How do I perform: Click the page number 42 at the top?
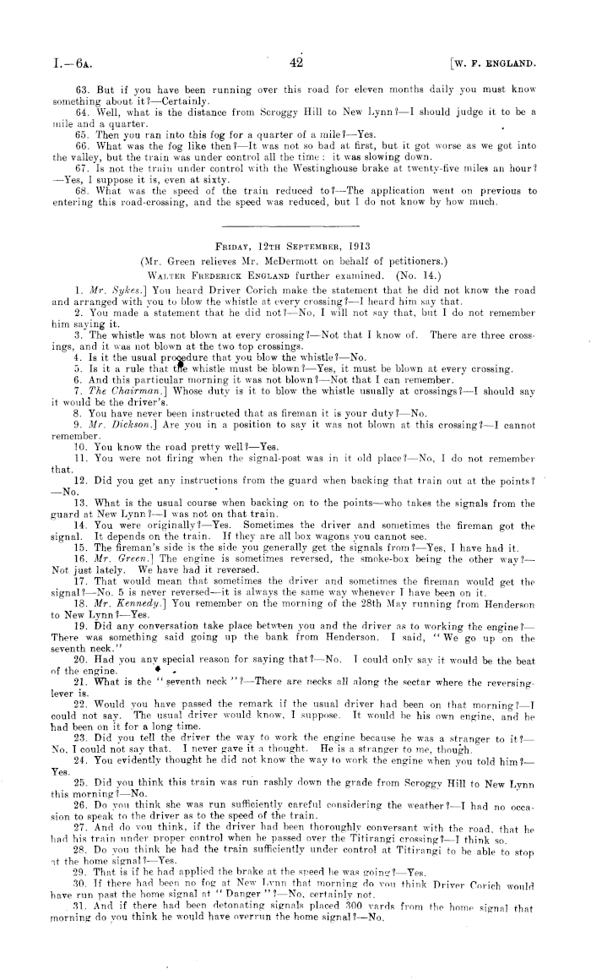295,61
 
